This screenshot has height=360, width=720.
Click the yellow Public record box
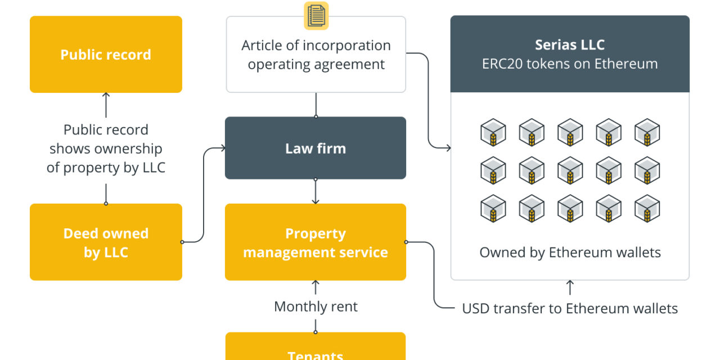[x=106, y=55]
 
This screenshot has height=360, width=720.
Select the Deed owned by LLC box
[x=106, y=242]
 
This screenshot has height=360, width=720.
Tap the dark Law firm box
[x=315, y=148]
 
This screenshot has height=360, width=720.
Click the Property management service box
[x=315, y=242]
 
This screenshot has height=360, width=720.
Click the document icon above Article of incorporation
[x=316, y=16]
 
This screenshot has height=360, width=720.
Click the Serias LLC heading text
[x=570, y=45]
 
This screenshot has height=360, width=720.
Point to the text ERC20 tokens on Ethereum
[x=570, y=64]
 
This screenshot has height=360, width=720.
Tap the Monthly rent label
[x=316, y=307]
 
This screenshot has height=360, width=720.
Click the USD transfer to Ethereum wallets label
[x=570, y=308]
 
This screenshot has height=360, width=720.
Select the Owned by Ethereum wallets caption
[x=570, y=252]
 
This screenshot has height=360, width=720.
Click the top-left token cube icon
[x=493, y=132]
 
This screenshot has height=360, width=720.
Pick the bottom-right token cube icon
[x=647, y=209]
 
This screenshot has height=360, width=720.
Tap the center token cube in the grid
[x=570, y=170]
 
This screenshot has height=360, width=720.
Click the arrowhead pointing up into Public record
[x=106, y=96]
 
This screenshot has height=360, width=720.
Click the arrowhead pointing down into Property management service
[x=316, y=201]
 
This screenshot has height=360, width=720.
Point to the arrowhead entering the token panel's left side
[x=448, y=148]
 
